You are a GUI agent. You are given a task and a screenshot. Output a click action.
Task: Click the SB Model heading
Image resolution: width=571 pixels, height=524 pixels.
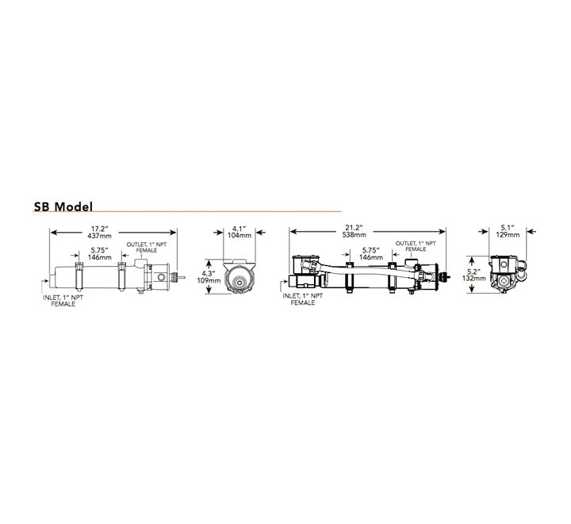pos(63,206)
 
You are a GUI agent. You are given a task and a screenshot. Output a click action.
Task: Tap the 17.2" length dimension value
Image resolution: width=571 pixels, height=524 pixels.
pos(99,229)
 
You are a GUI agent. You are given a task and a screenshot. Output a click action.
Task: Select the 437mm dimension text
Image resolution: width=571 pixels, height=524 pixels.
pos(99,236)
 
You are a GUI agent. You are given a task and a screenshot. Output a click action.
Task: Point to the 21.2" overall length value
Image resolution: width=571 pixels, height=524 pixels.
pos(354,228)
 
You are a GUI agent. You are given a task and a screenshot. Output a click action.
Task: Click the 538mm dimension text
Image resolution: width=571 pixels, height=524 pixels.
pos(354,234)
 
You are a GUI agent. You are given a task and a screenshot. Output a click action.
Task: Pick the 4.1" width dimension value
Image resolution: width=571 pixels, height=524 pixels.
pos(240,229)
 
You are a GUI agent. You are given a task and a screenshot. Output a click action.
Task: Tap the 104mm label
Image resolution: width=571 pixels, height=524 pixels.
pos(240,235)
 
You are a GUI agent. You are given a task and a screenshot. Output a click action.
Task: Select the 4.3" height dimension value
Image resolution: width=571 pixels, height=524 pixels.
pos(209,273)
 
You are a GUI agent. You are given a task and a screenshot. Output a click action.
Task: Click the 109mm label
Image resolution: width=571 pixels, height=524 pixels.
pos(209,280)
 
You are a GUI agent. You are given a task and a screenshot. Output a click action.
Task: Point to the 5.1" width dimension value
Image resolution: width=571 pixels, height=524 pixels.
pos(508,228)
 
